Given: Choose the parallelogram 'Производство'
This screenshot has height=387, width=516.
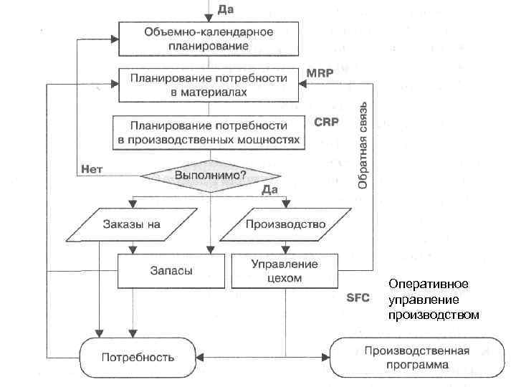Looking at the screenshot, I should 285,224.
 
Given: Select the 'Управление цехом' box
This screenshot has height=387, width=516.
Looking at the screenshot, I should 285,271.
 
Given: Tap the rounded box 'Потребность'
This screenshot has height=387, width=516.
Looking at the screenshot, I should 138,356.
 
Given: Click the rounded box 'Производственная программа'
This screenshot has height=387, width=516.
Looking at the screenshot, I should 416,356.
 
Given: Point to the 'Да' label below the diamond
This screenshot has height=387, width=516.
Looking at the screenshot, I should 269,190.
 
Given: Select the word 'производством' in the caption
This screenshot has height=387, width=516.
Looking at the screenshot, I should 433,314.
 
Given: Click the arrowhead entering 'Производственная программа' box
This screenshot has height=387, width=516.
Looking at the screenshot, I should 326,356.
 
